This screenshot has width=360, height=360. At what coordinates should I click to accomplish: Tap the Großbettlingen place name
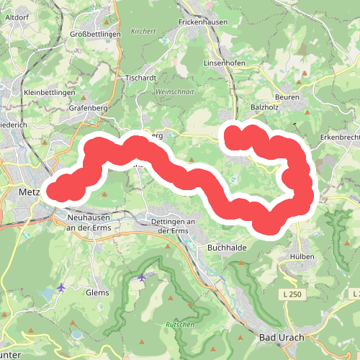tap(95, 34)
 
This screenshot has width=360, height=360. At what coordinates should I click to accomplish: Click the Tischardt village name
tap(140, 77)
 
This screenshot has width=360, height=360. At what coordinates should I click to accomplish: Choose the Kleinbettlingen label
tap(49, 93)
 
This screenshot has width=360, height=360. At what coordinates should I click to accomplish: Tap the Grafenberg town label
tap(88, 108)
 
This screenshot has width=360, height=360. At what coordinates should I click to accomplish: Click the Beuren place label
tap(287, 96)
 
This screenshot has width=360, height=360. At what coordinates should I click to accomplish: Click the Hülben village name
tap(302, 256)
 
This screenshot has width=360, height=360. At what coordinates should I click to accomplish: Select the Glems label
tap(97, 292)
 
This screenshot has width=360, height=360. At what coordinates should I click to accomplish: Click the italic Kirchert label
tap(143, 31)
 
